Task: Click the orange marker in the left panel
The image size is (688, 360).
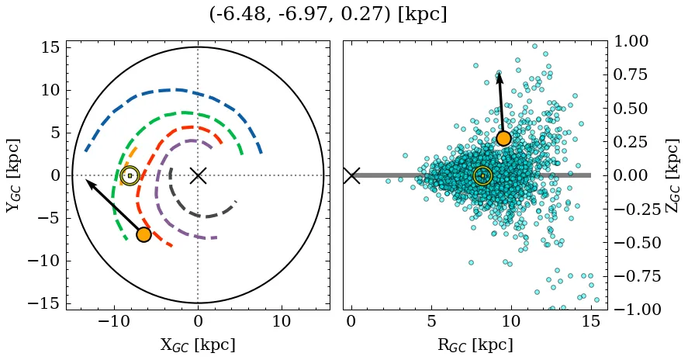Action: coord(143,234)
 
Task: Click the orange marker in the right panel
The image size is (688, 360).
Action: coord(503,138)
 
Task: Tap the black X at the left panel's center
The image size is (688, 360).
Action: coord(198,175)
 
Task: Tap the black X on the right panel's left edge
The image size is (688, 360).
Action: coord(351,175)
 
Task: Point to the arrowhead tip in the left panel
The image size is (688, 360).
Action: coord(86,180)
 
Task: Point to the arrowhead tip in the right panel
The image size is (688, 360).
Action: coord(499,71)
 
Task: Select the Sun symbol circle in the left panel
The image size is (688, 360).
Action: coord(130,175)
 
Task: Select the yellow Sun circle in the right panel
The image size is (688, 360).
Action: coord(482,175)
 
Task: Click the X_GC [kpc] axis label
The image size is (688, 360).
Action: coord(198,345)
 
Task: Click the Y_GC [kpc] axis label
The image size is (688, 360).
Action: coord(13,175)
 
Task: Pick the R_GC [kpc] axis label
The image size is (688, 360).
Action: coord(474,345)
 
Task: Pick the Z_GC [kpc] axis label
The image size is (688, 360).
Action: coord(672,175)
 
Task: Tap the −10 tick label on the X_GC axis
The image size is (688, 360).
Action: coord(114,321)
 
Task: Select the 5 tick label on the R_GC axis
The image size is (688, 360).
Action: coord(431,321)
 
